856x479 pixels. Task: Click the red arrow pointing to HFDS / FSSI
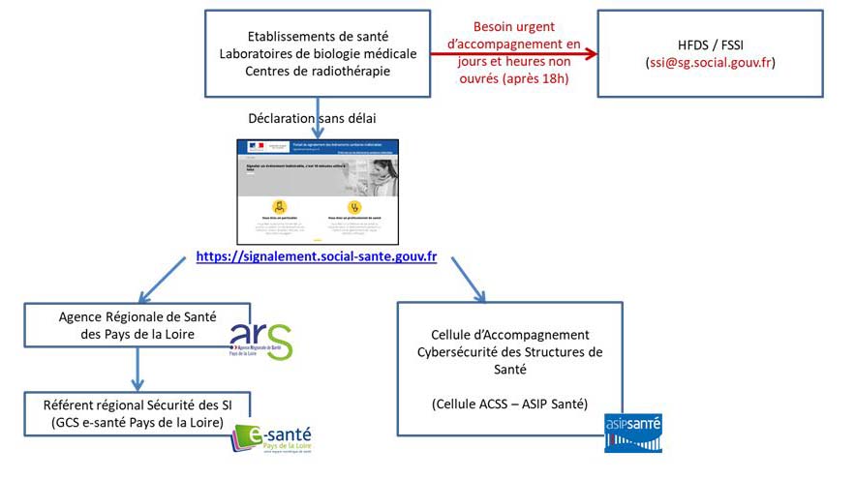(x=513, y=54)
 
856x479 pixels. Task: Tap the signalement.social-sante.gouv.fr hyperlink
(x=316, y=256)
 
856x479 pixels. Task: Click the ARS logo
(x=260, y=340)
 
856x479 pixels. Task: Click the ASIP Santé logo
(x=632, y=433)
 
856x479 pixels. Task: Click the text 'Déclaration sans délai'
(x=313, y=118)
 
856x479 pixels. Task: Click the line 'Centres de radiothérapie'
(x=317, y=71)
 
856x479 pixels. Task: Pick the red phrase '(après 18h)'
(x=522, y=78)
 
